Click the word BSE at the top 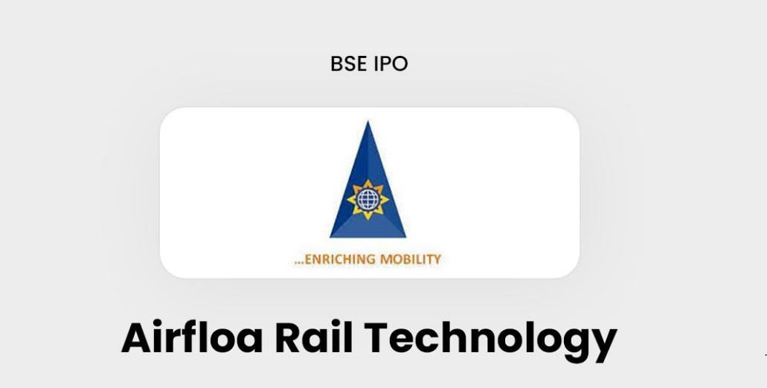point(348,64)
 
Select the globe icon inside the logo point(368,200)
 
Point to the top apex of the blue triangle point(368,121)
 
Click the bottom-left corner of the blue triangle point(330,238)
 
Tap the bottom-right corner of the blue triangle point(405,238)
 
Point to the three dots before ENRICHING point(299,263)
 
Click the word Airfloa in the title point(192,337)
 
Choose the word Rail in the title point(313,337)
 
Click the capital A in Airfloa point(138,338)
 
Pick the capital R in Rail point(289,338)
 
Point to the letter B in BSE point(336,64)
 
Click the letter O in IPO point(399,64)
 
